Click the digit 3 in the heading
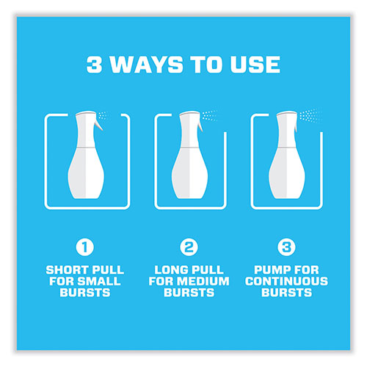pos(94,65)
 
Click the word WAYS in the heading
pos(146,65)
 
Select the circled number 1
pos(85,247)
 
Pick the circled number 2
pos(189,247)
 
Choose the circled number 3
pos(286,247)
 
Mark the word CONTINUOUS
pos(286,281)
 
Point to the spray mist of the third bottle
pos(309,115)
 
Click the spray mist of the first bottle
pos(103,115)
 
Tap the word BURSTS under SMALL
pos(85,293)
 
